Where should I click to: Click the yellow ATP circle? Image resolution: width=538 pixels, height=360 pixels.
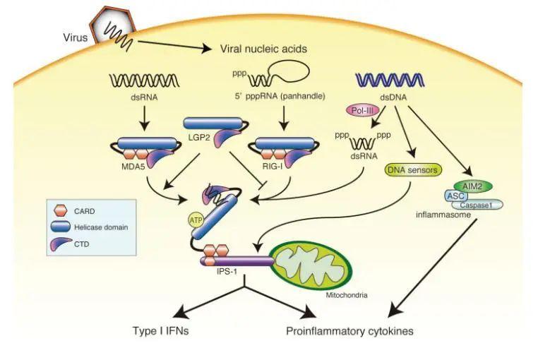tap(196, 221)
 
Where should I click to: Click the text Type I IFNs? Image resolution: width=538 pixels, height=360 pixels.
tap(162, 330)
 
